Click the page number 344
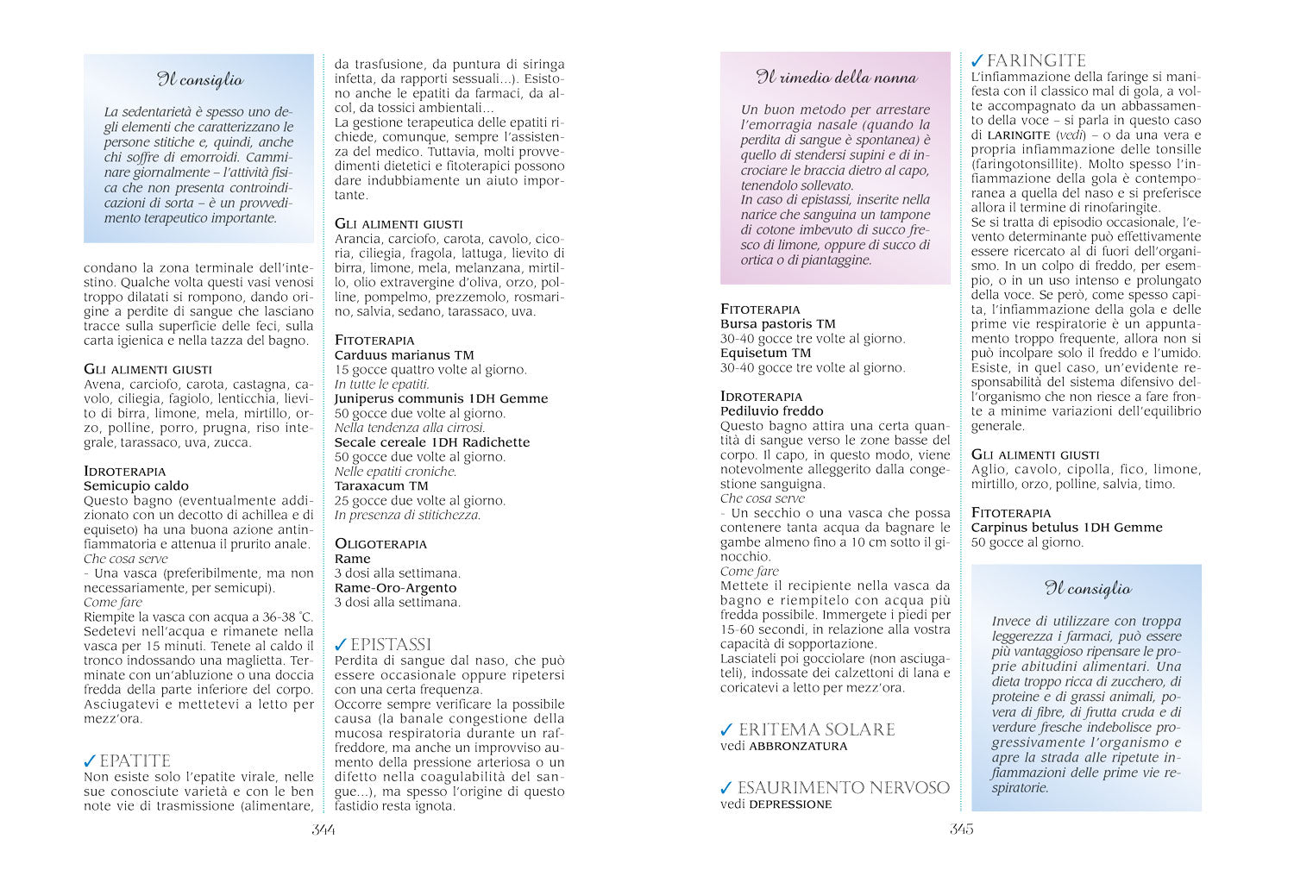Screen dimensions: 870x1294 (323, 829)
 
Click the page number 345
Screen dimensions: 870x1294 (962, 829)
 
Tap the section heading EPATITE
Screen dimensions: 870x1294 (135, 761)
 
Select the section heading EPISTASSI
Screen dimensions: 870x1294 (390, 645)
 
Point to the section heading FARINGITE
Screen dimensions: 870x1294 (1035, 61)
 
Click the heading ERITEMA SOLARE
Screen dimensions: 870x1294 (816, 729)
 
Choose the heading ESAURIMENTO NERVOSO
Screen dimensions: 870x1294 (843, 787)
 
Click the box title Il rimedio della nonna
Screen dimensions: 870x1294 (836, 78)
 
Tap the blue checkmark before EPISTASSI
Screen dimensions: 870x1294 (341, 645)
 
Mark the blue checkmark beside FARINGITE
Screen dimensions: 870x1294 (977, 61)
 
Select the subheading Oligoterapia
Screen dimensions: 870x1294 (380, 544)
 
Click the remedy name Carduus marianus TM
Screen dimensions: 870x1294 (404, 355)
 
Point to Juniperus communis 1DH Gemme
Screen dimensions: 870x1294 (441, 398)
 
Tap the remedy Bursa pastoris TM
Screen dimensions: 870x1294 (777, 324)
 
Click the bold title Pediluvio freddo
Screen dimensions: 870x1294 (772, 411)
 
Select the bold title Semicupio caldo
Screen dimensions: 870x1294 (136, 486)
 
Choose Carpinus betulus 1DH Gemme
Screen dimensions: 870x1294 (1066, 528)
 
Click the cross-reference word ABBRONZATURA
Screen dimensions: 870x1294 (798, 747)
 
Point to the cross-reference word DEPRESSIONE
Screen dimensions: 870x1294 (790, 804)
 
